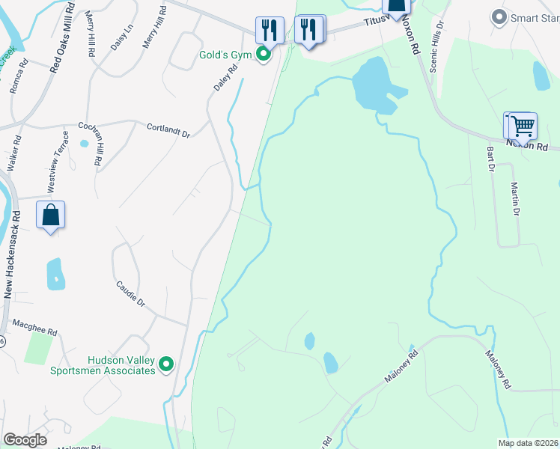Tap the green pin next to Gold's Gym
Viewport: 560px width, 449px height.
point(263,54)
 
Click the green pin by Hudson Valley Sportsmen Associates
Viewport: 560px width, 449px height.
point(166,365)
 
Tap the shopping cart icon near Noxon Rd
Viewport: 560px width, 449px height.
point(522,125)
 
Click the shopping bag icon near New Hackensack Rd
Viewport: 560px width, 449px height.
point(50,215)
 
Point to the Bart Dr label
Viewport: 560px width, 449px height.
point(491,159)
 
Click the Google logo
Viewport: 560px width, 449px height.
point(25,440)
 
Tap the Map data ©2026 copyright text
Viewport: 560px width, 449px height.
point(527,443)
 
